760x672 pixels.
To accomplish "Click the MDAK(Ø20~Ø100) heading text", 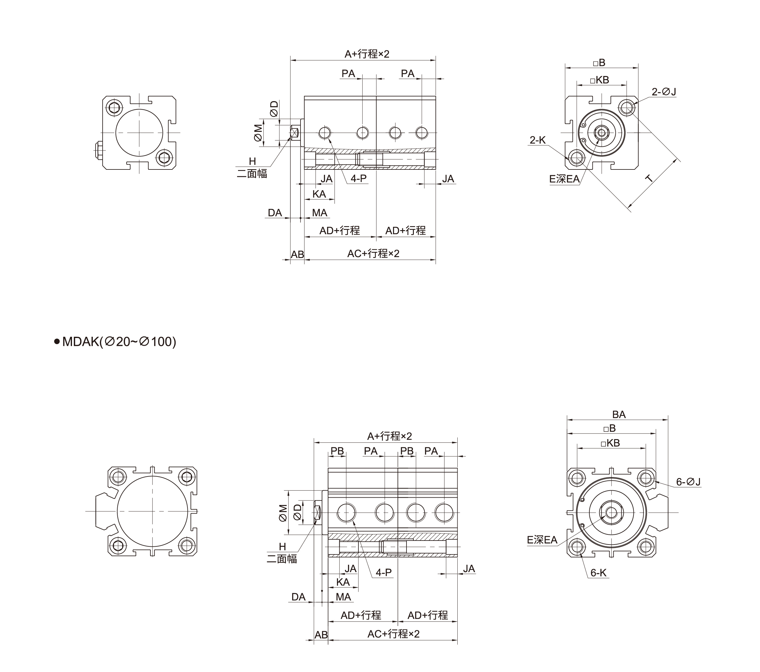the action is pyautogui.click(x=119, y=341).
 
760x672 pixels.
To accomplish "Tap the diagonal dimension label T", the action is pyautogui.click(x=648, y=179).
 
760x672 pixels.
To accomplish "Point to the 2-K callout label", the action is pyautogui.click(x=538, y=140).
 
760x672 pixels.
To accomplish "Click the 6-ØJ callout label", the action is pyautogui.click(x=688, y=482).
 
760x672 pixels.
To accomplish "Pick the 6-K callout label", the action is pyautogui.click(x=599, y=573).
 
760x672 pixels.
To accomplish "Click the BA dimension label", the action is pyautogui.click(x=619, y=414).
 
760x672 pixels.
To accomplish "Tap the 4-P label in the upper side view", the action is pyautogui.click(x=358, y=179).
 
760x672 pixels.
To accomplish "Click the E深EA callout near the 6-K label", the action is pyautogui.click(x=542, y=540).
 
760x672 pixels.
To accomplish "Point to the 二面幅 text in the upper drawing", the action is pyautogui.click(x=252, y=174).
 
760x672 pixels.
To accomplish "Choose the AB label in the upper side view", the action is pyautogui.click(x=297, y=254).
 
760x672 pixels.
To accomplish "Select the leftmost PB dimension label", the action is pyautogui.click(x=337, y=451).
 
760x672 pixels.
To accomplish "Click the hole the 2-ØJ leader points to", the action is pyautogui.click(x=627, y=108).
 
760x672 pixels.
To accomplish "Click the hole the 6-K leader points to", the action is pyautogui.click(x=577, y=547).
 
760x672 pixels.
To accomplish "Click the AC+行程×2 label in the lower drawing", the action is pyautogui.click(x=393, y=634).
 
